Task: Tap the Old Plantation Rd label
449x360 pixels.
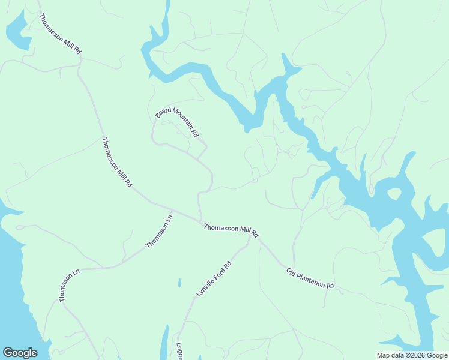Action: [310, 278]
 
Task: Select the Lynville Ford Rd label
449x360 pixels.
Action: [214, 279]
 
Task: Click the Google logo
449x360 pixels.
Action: [20, 353]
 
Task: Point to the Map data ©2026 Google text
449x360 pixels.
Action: [411, 355]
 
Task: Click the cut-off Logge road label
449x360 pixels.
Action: [179, 352]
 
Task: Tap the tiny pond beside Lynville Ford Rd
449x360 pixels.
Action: [179, 282]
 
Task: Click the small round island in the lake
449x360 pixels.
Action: [394, 194]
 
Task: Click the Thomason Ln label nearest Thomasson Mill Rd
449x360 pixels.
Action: [159, 231]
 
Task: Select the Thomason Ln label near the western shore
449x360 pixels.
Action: [69, 286]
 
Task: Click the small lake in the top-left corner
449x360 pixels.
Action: [17, 32]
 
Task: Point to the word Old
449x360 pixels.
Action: [291, 271]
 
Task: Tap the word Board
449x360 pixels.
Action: [163, 112]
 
